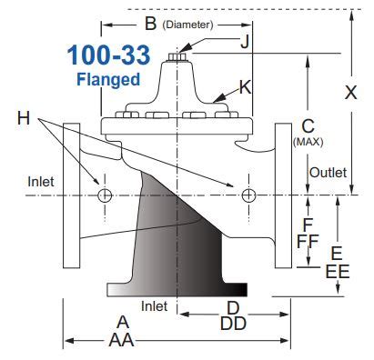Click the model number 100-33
[x=104, y=54]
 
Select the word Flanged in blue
[x=107, y=79]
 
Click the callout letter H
[x=22, y=116]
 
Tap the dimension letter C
[x=308, y=126]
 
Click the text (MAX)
[x=308, y=142]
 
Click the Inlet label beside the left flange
[x=41, y=180]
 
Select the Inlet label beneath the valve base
[x=155, y=305]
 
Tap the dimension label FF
[x=308, y=240]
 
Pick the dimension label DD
[x=233, y=324]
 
